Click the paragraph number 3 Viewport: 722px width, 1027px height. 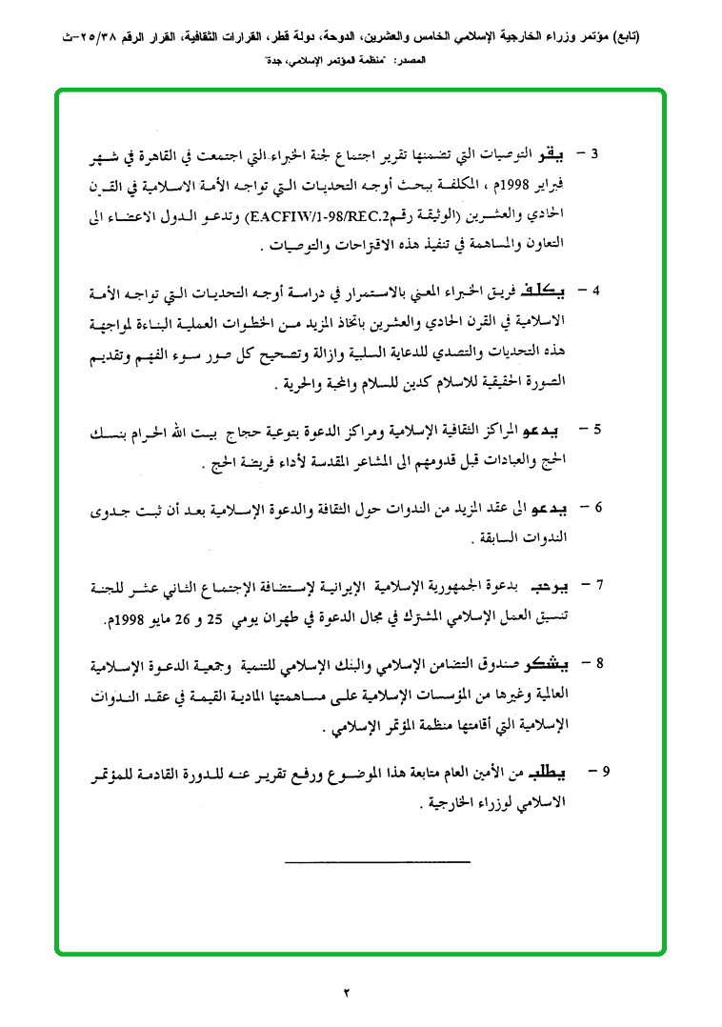tap(596, 153)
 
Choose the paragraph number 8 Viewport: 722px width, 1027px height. tap(597, 662)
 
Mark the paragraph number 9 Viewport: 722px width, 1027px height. tap(597, 769)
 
